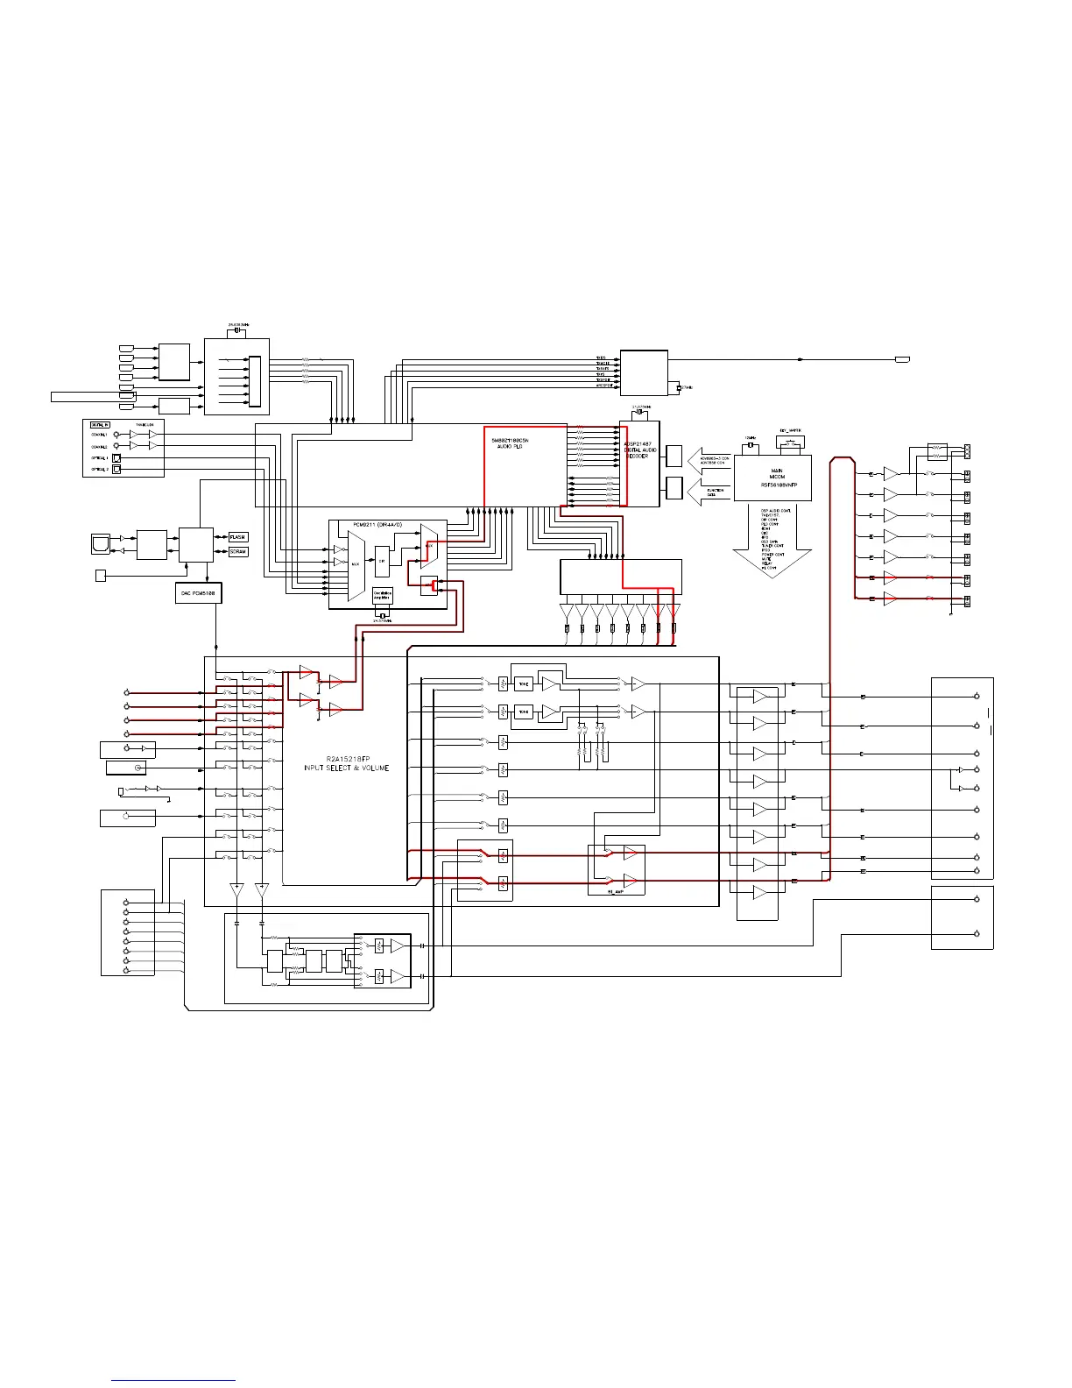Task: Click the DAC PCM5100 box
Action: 199,593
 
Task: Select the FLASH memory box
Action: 238,537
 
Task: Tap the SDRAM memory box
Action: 238,552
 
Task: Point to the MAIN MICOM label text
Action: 777,474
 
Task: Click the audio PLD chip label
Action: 510,443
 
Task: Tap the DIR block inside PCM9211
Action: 382,561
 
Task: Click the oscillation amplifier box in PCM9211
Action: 383,595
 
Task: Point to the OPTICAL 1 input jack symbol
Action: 116,458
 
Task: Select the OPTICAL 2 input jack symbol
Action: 116,470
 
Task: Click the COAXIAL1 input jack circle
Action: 116,435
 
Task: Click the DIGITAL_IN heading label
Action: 100,425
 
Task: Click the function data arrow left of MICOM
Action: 708,491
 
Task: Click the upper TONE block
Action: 524,683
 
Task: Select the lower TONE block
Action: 524,712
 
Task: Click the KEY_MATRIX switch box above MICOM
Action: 791,443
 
